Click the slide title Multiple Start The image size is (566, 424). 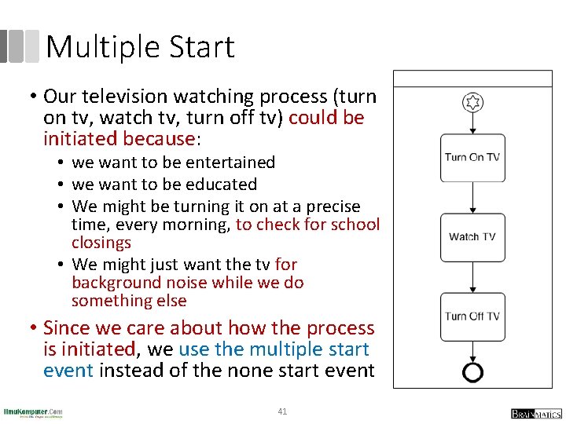pyautogui.click(x=140, y=47)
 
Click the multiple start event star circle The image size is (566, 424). pyautogui.click(x=472, y=102)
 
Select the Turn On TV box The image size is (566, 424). pyautogui.click(x=472, y=157)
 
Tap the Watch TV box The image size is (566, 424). pyautogui.click(x=472, y=236)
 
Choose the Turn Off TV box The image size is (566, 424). pyautogui.click(x=472, y=316)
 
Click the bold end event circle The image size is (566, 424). pyautogui.click(x=472, y=371)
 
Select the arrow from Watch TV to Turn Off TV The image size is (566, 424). pyautogui.click(x=472, y=276)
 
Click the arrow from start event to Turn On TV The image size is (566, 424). pyautogui.click(x=472, y=124)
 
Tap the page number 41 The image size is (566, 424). pyautogui.click(x=282, y=411)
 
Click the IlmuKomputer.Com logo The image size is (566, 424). pyautogui.click(x=33, y=412)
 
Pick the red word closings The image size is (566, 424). pyautogui.click(x=101, y=243)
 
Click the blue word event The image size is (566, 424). pyautogui.click(x=68, y=371)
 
